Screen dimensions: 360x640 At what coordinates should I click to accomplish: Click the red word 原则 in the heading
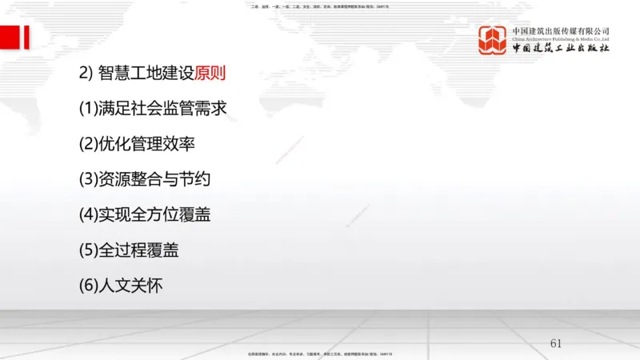[210, 74]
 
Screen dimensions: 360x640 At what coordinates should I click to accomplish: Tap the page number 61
[556, 343]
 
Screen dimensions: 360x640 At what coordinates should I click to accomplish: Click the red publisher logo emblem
[493, 40]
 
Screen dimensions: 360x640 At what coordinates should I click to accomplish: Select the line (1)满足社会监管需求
[159, 110]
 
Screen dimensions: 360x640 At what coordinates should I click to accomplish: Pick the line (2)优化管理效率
[137, 145]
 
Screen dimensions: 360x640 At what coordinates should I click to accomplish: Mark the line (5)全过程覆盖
[129, 250]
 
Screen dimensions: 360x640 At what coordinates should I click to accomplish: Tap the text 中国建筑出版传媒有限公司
[561, 30]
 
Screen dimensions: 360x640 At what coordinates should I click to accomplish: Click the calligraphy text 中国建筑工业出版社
[561, 48]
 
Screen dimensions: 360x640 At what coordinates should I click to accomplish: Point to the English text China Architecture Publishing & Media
[561, 38]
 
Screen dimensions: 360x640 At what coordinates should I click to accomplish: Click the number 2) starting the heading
[86, 74]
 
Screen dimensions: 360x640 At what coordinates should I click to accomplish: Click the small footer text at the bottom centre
[320, 354]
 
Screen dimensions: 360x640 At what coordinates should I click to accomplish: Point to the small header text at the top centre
[320, 6]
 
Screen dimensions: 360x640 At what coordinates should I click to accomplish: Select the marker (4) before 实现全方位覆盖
[88, 215]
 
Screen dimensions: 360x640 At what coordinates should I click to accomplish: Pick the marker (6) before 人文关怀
[88, 286]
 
